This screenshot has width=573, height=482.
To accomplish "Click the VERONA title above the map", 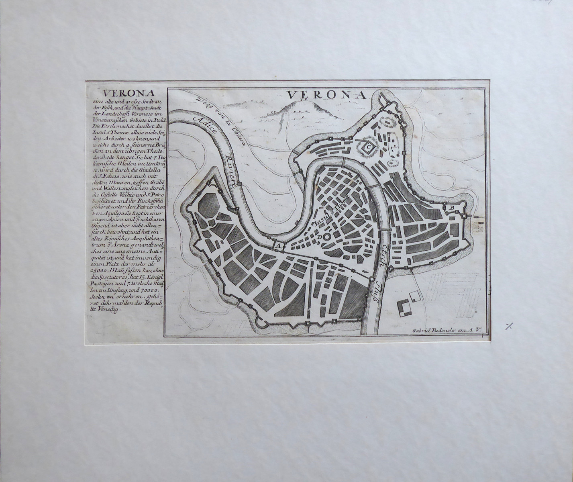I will [326, 95].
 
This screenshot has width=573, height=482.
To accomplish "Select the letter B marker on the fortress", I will [452, 207].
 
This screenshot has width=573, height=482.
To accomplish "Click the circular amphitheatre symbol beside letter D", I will [326, 237].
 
